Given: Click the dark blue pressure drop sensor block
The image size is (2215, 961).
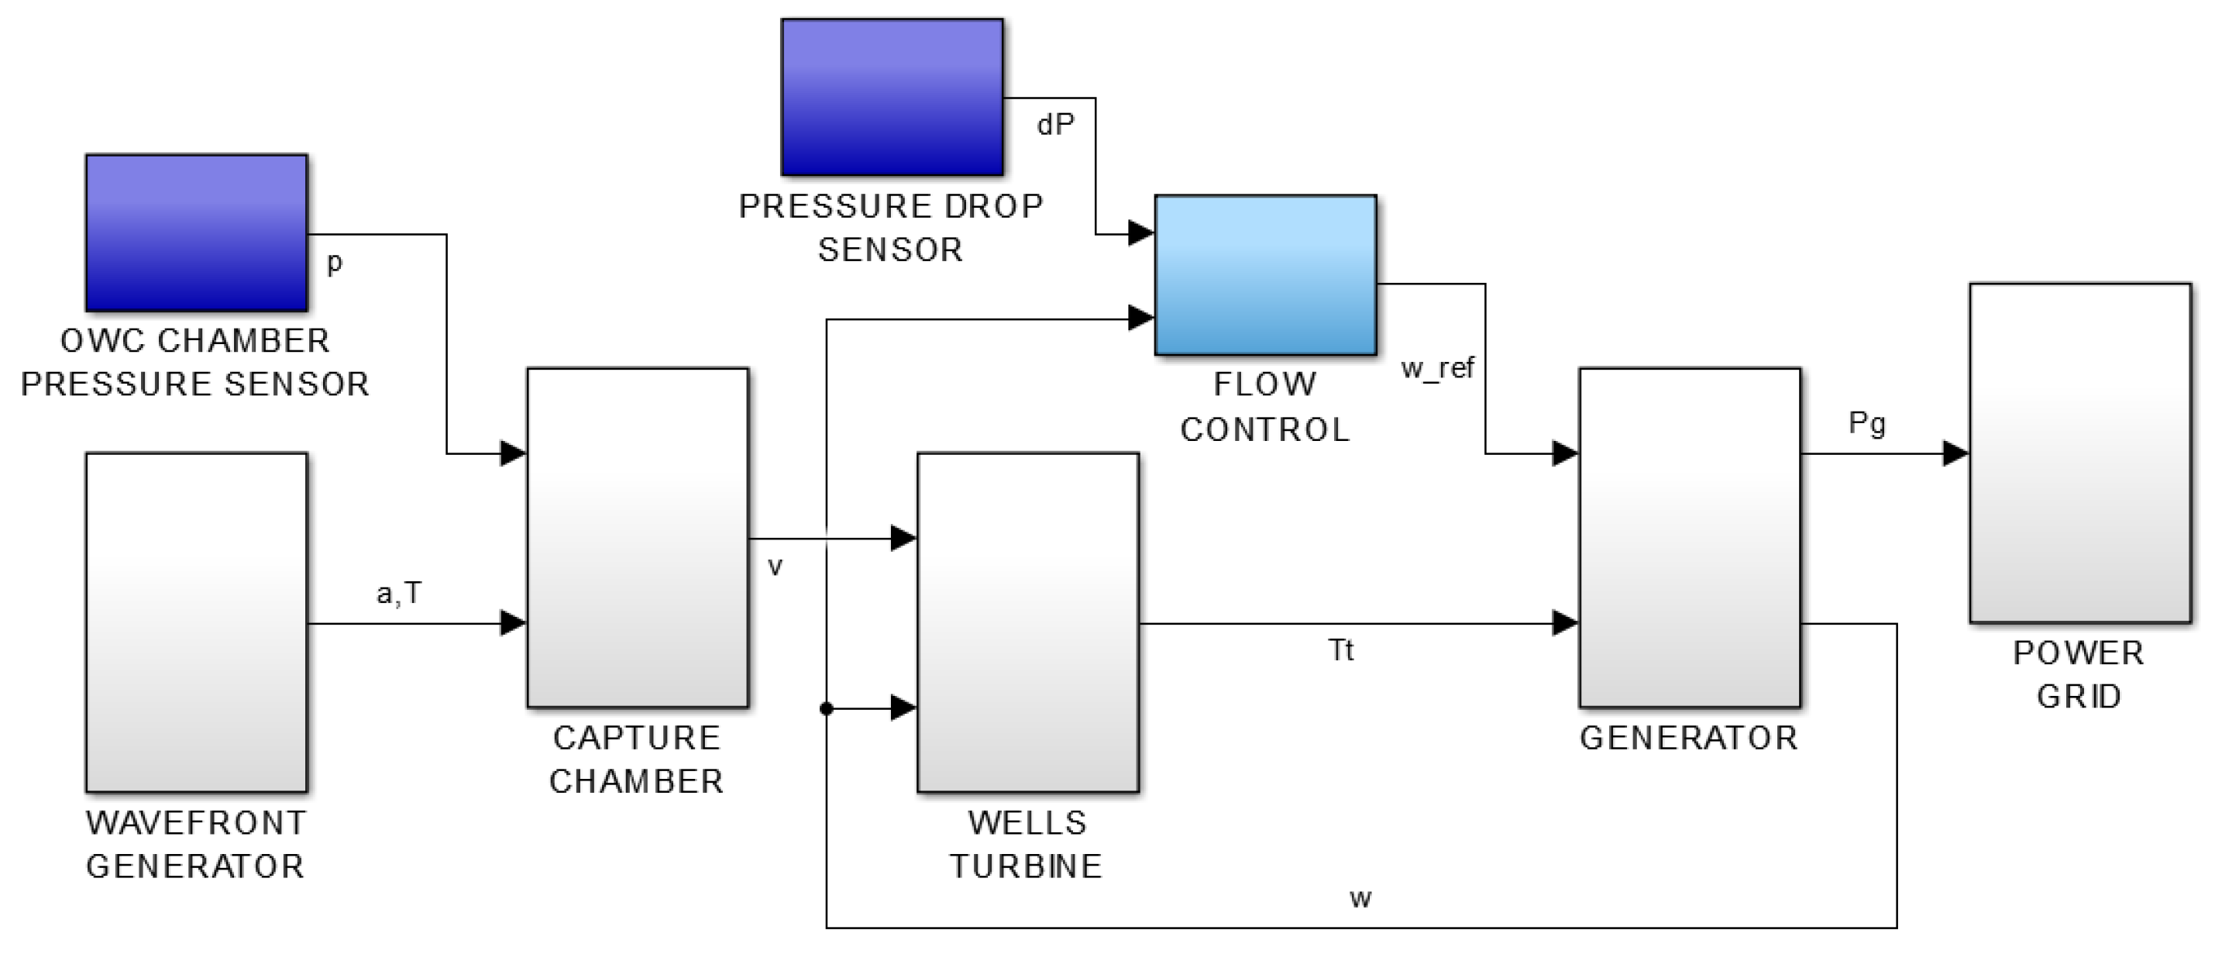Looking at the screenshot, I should (x=892, y=97).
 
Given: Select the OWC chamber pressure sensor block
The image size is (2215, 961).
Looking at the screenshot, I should (x=196, y=232).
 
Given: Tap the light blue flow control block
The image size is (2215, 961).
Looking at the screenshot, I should (x=1265, y=274).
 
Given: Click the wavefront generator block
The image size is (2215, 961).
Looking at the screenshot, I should (x=196, y=622).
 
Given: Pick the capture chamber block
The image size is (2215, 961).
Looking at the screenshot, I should (x=637, y=538).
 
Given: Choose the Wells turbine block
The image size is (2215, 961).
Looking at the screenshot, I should (x=1027, y=622).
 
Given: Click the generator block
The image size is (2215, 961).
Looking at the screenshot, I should (x=1689, y=538).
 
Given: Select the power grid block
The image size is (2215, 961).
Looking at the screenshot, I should (x=2080, y=453).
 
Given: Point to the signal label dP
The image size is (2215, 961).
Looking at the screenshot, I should (x=1055, y=126).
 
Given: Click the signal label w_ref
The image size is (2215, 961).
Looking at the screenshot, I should (x=1437, y=369).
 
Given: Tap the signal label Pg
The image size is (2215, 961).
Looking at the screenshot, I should (x=1867, y=423).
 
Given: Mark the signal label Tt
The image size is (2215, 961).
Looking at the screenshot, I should (x=1340, y=650).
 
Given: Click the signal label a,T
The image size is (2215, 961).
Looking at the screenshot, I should (x=399, y=594).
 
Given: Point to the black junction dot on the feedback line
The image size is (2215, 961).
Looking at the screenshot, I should (x=827, y=709).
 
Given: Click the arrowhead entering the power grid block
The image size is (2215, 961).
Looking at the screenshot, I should (x=1955, y=453).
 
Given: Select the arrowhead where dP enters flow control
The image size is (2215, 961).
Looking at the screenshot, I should (x=1140, y=232).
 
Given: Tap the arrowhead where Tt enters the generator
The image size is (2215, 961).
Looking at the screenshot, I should (x=1564, y=622).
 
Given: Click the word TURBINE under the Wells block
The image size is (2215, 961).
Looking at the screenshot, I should (x=1025, y=866).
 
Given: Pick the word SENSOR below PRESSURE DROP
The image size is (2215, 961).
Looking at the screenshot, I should (x=890, y=250).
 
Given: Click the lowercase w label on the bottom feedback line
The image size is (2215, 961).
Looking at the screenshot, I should (x=1360, y=899).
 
